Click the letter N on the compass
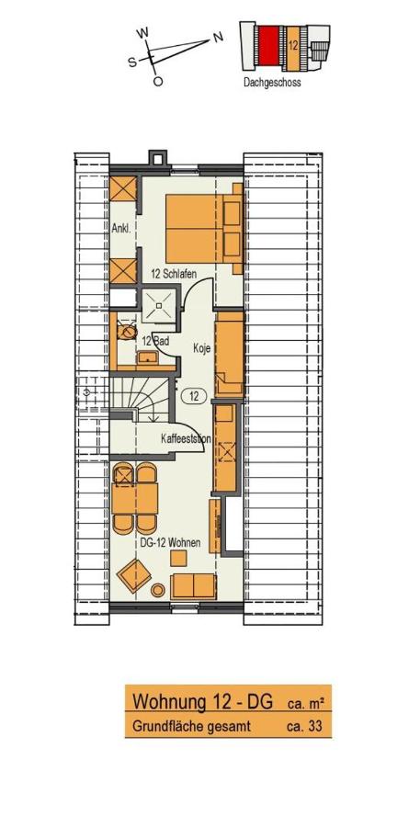218,37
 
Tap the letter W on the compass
142,32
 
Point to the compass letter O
157,82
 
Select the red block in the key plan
267,44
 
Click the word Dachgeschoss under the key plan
272,81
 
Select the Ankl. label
121,228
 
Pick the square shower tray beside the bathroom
160,306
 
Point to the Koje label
201,348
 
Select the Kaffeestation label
186,439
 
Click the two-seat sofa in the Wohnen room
194,585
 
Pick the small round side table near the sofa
157,589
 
